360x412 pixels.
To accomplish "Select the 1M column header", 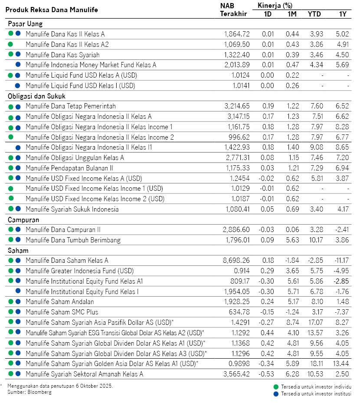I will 291,14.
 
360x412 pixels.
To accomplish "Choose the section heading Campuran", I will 23,220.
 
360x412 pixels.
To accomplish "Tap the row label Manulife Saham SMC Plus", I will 62,312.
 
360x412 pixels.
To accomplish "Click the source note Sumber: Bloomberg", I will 29,392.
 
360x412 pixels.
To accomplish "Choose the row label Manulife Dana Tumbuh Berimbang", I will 73,240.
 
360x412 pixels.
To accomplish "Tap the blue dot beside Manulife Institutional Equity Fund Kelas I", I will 18,291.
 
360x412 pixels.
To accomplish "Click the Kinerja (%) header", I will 275,6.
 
